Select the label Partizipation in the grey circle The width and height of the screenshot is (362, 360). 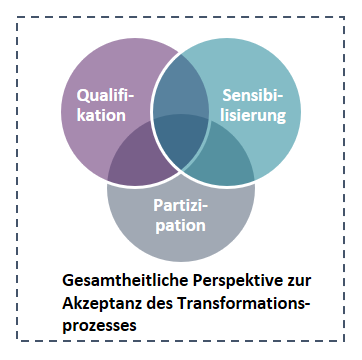[x=180, y=214]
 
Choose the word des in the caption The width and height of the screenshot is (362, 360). [x=155, y=304]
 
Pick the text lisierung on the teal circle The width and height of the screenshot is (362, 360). [x=255, y=116]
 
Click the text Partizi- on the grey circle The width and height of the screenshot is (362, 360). [x=180, y=204]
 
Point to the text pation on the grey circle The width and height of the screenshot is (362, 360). [x=180, y=225]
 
